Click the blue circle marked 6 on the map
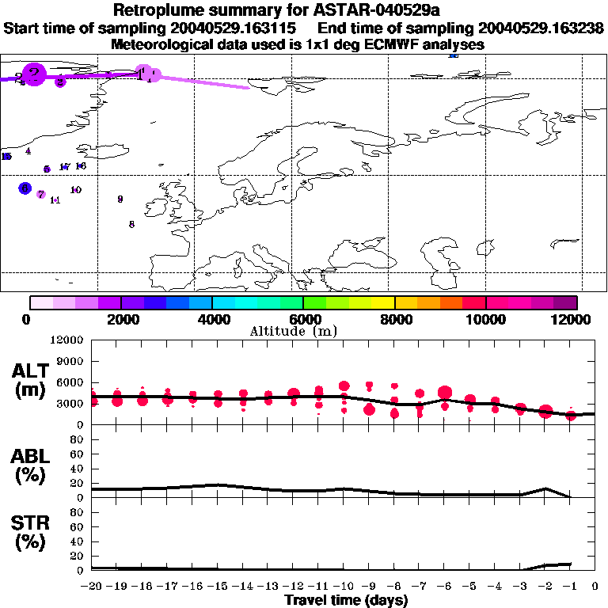pos(25,188)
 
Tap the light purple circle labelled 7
pos(40,194)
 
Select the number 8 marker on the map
pos(131,224)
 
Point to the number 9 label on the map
pos(120,199)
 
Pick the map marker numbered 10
pos(76,190)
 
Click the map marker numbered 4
pos(28,150)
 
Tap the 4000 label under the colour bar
pos(212,320)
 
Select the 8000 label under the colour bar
pos(394,320)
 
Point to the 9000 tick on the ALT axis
pos(71,361)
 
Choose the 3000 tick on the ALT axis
pos(71,404)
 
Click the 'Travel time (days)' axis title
pos(346,600)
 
